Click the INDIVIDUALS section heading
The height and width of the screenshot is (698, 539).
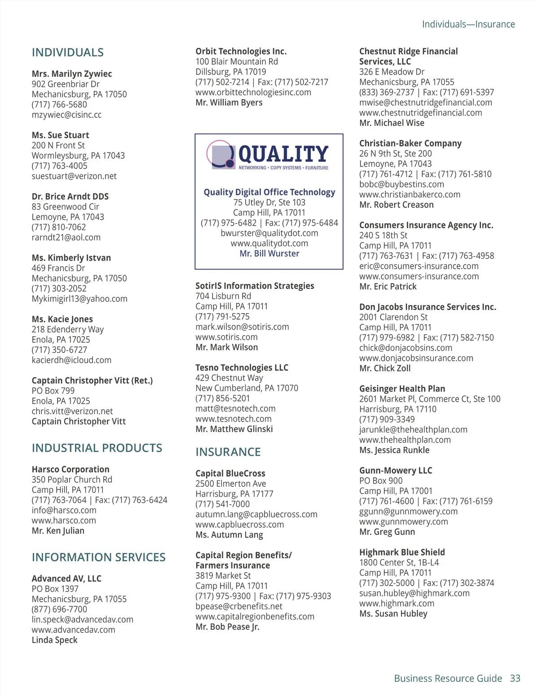[x=67, y=53]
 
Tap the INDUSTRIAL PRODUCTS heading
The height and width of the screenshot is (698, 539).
[x=97, y=448]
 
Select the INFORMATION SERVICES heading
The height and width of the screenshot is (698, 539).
[x=98, y=557]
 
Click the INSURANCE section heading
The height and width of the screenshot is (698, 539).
[x=228, y=452]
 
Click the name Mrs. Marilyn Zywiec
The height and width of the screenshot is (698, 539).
[x=72, y=74]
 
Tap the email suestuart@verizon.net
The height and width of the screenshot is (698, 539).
[x=74, y=176]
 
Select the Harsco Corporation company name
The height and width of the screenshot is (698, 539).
[x=71, y=469]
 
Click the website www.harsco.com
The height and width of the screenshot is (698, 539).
[x=64, y=520]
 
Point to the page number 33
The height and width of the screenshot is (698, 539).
[x=515, y=679]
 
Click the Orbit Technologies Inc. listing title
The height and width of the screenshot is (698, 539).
[x=241, y=51]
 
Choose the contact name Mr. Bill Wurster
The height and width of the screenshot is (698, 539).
[x=269, y=253]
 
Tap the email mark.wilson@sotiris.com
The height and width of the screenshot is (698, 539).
[x=242, y=327]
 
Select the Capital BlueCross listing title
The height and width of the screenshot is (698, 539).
[x=230, y=473]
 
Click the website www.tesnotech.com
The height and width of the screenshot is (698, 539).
[x=234, y=419]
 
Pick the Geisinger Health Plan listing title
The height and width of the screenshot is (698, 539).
[x=402, y=389]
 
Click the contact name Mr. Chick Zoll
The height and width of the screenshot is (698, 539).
[x=385, y=368]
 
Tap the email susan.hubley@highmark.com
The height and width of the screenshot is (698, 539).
[x=414, y=593]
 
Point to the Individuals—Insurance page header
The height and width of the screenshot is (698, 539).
[x=468, y=24]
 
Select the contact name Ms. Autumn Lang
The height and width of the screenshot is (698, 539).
[x=229, y=535]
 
